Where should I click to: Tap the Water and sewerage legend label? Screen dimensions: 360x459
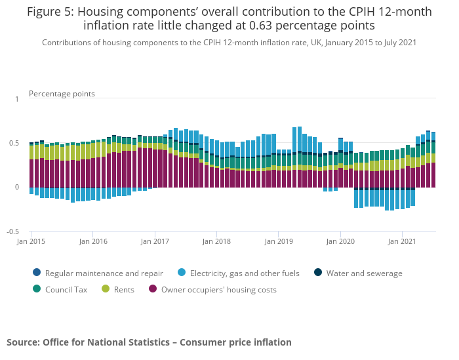(364, 273)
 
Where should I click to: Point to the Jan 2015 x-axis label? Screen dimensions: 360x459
(31, 241)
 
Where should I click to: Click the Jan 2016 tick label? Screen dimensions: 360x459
(93, 241)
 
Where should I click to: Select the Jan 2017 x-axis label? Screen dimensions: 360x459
(155, 241)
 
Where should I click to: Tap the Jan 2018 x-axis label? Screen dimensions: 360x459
(217, 241)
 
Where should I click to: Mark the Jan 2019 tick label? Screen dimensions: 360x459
(279, 241)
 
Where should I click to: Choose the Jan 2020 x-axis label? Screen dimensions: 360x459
(340, 241)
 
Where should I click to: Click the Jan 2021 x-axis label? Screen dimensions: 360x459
(402, 241)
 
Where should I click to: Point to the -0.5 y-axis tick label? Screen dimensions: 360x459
(12, 231)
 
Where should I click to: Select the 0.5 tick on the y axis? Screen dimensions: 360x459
(14, 143)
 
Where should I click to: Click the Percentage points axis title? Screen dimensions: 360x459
(62, 94)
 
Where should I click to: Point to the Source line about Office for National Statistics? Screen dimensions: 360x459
(149, 342)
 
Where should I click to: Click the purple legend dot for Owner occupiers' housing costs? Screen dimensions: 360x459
(153, 289)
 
